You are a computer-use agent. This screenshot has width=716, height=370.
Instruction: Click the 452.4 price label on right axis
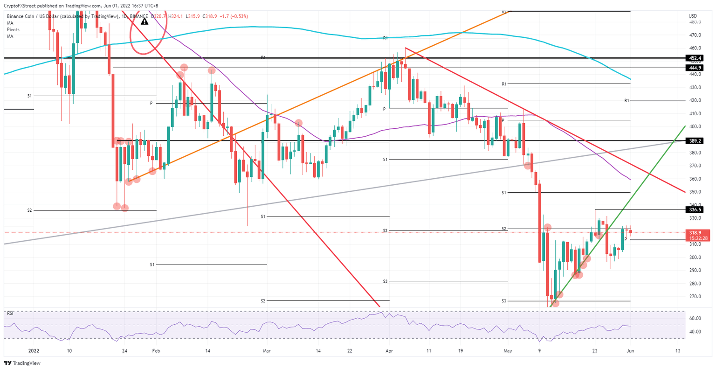694,58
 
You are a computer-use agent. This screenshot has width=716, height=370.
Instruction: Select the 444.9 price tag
694,68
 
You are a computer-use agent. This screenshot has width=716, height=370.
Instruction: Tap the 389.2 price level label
694,140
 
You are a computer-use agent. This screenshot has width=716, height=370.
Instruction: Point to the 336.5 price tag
694,210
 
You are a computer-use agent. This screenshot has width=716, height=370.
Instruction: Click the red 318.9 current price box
694,232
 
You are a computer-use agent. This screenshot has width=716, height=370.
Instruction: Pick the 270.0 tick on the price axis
695,296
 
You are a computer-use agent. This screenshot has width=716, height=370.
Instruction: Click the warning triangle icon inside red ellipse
145,21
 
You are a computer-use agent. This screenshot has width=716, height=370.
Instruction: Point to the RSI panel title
10,314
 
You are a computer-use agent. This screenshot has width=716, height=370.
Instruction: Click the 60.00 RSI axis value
695,318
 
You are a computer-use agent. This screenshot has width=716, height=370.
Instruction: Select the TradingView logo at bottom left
16,363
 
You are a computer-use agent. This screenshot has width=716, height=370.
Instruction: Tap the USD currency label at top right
692,16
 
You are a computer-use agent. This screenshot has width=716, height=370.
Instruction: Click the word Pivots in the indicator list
13,29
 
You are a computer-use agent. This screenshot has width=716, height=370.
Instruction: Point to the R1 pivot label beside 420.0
626,100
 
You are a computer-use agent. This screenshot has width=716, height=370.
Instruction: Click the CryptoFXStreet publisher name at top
21,6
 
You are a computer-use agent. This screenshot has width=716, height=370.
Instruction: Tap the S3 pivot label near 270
504,301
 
